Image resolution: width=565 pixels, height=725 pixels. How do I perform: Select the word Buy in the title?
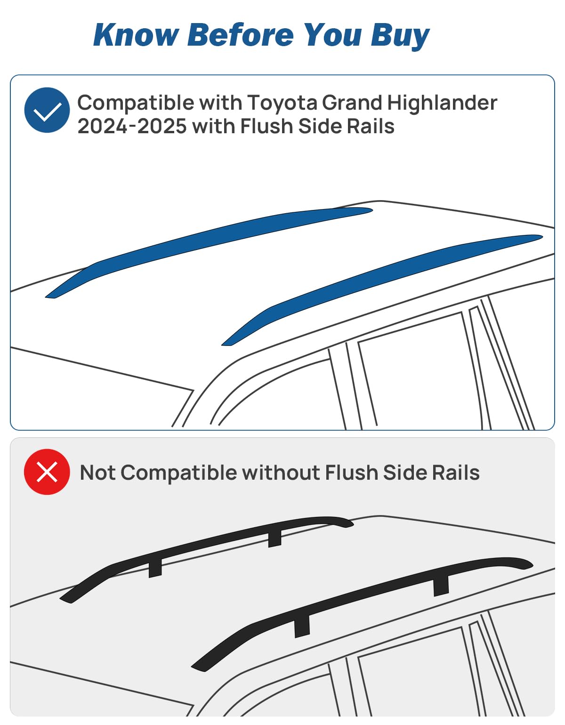[x=400, y=36]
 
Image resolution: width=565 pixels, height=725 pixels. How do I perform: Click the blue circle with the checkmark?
[x=47, y=110]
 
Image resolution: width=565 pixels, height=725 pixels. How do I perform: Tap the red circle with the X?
[x=47, y=472]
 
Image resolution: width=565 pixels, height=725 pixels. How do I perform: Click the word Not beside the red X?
[x=97, y=473]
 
